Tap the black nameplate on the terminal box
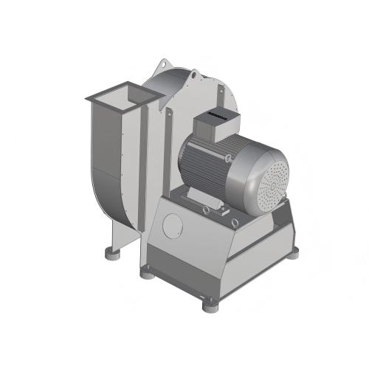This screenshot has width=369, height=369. pos(216,115)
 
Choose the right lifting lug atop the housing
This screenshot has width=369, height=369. pos(193,75)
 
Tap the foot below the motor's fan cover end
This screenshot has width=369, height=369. pos(293,252)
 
